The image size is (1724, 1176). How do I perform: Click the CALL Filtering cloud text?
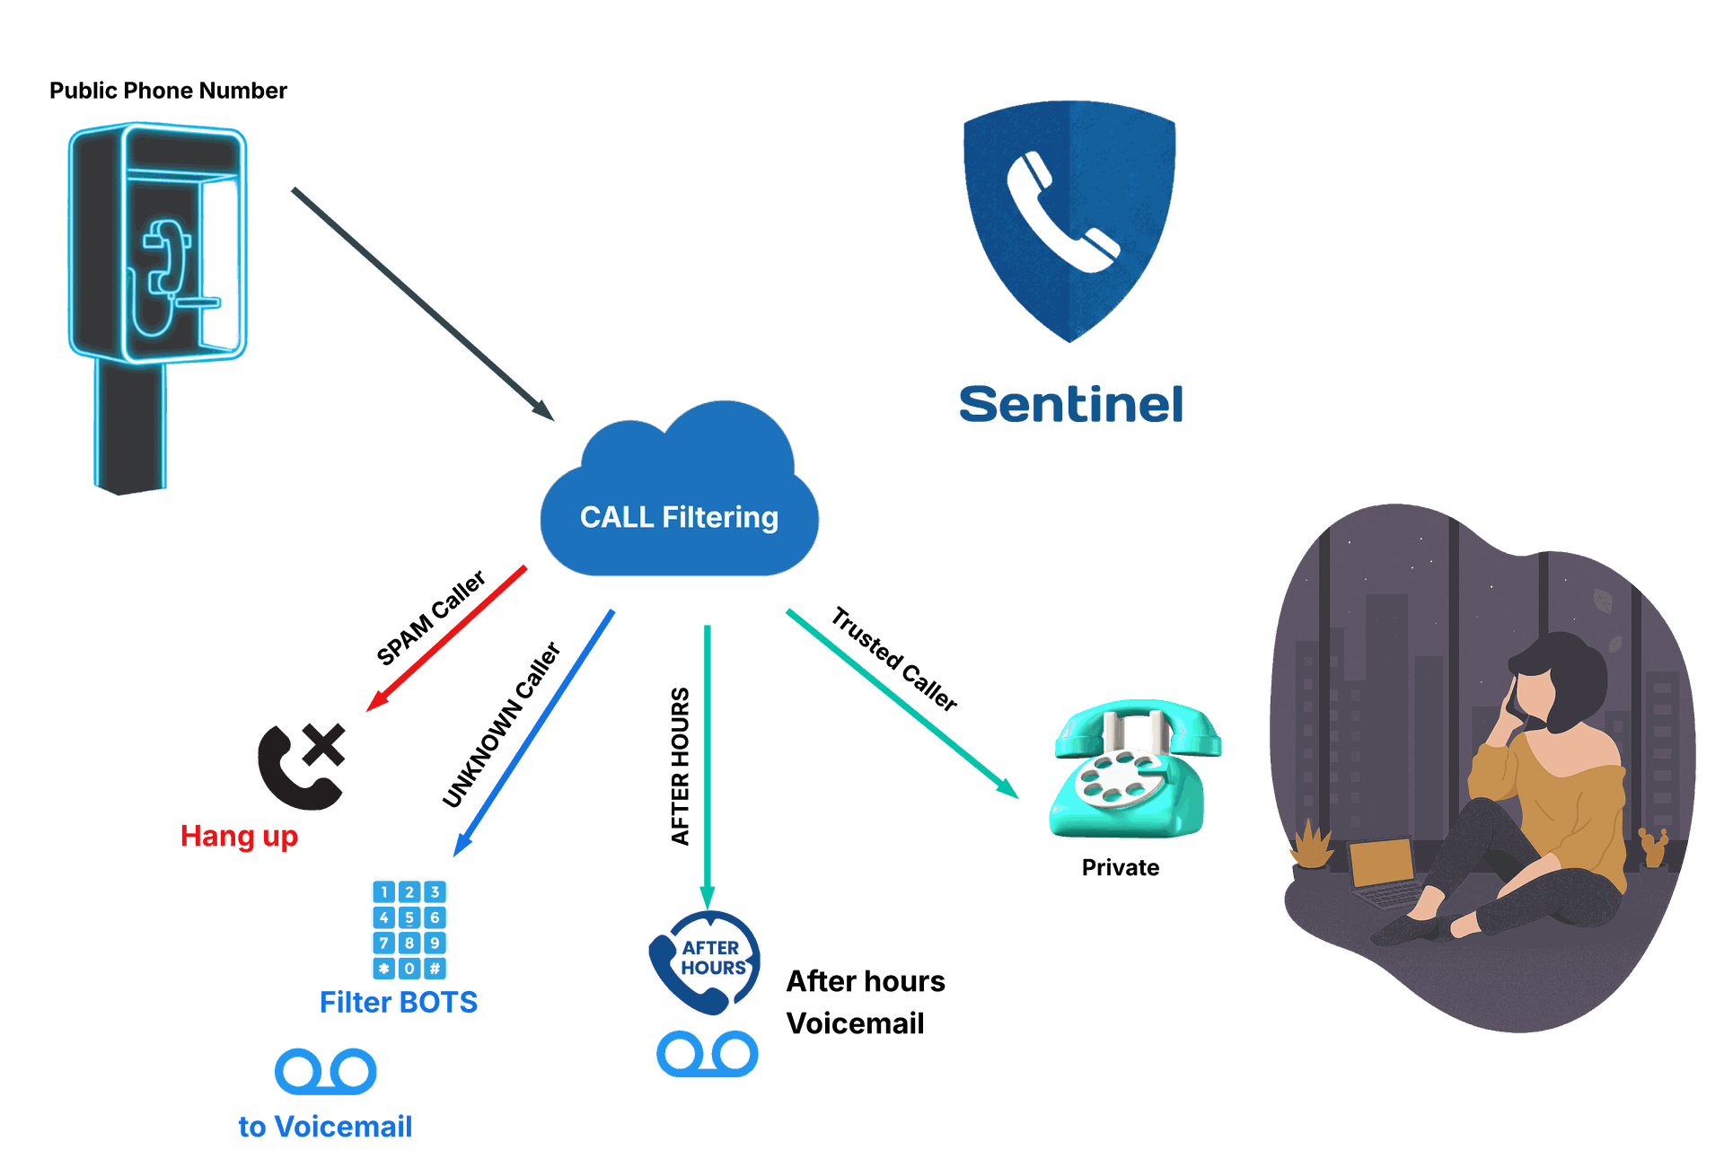[x=679, y=517]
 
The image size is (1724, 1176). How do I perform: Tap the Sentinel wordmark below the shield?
[x=1071, y=404]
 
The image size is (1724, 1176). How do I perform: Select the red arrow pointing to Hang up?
[x=447, y=637]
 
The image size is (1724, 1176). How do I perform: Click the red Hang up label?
[x=238, y=836]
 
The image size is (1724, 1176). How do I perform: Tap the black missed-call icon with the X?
[x=301, y=766]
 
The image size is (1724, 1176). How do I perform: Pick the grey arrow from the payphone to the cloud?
[x=422, y=304]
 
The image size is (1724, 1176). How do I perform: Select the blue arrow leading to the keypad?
[x=534, y=732]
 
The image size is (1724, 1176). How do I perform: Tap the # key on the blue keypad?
[x=435, y=969]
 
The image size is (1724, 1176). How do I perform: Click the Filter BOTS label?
[x=398, y=1002]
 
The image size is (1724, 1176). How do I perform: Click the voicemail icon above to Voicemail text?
[x=325, y=1070]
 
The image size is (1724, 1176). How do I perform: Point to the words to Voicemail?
[x=325, y=1127]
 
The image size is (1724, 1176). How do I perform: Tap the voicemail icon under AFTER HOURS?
[x=708, y=1054]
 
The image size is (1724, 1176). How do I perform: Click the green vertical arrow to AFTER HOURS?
[x=708, y=763]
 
